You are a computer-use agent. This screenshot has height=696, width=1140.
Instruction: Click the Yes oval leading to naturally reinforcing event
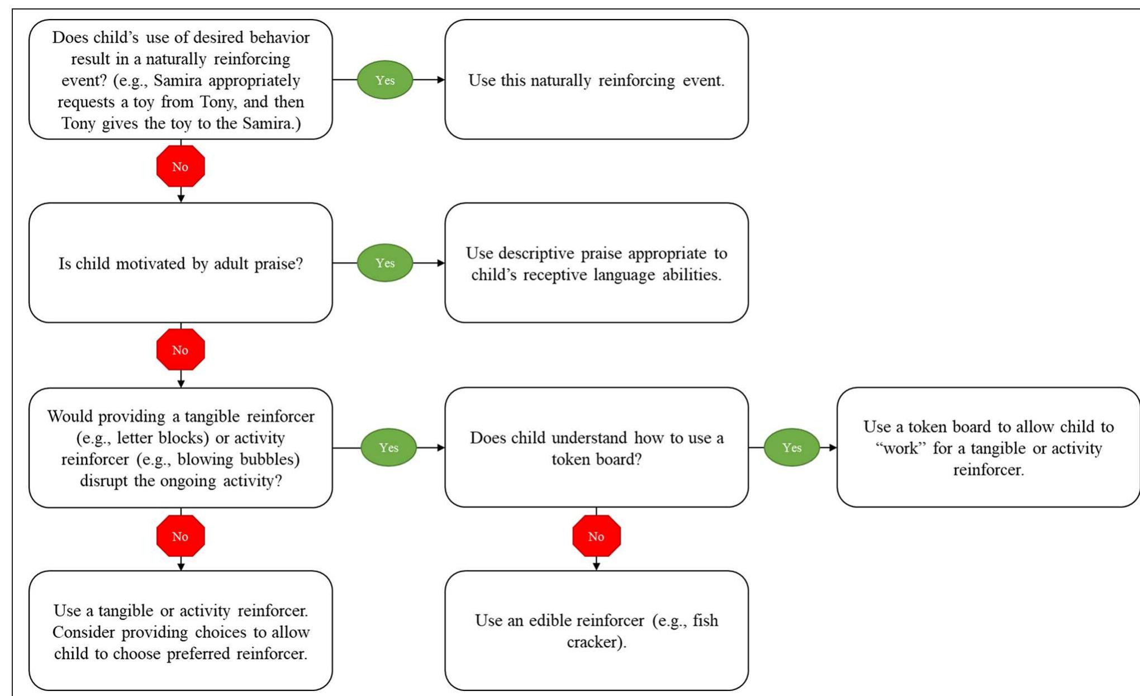click(384, 80)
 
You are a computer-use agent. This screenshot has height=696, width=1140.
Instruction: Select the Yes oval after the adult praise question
click(384, 263)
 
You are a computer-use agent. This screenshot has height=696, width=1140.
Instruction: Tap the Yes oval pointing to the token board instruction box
click(791, 447)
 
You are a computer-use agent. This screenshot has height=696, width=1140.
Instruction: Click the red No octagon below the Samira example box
click(180, 167)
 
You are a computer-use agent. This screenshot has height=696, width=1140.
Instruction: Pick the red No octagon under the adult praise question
click(180, 350)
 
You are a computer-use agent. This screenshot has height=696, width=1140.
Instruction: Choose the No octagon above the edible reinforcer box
click(596, 536)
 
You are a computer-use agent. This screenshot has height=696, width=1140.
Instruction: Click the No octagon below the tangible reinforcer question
click(180, 536)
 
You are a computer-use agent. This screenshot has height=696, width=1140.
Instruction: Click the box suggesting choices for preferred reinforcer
click(180, 631)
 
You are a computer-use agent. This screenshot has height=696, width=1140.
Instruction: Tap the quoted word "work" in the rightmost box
click(900, 448)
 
